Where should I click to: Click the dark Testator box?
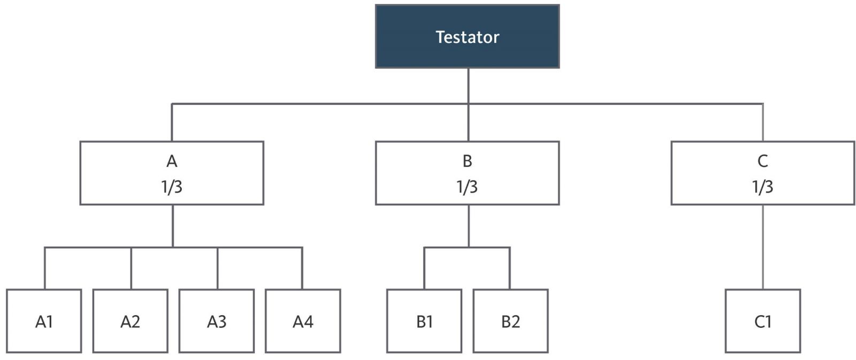pos(468,36)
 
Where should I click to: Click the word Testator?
pos(468,37)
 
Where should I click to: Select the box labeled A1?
pos(44,320)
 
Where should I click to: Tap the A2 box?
pos(131,320)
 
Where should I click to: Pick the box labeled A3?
pos(217,320)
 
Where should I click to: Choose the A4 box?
pos(303,320)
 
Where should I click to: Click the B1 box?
pos(424,320)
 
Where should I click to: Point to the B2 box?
pos(510,320)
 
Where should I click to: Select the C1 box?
pos(763,320)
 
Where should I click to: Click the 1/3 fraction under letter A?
pos(172,187)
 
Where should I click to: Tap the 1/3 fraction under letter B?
pos(467,187)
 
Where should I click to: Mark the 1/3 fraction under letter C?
pos(762,187)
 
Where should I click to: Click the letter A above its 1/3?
pos(172,161)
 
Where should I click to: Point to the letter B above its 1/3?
pos(468,161)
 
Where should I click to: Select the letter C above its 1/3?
pos(763,161)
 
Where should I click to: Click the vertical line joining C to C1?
pos(763,247)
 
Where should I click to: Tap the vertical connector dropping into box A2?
pos(131,269)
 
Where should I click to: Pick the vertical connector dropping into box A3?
pos(217,269)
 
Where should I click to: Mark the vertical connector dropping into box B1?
pos(424,269)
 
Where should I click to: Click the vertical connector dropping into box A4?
pos(302,269)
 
